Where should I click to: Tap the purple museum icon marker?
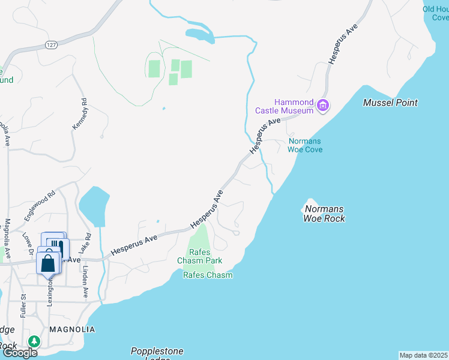[x=323, y=106]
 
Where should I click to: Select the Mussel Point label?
[x=390, y=103]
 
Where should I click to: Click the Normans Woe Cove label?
[x=306, y=145]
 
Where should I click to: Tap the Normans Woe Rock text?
[x=324, y=214]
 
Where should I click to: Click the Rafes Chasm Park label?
[x=199, y=256]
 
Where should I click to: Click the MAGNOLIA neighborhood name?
[x=72, y=329]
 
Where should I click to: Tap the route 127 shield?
[x=50, y=44]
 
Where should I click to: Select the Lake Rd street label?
[x=88, y=242]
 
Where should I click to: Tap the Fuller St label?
[x=23, y=305]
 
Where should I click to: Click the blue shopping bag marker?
[x=48, y=262]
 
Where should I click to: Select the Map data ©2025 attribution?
[x=424, y=355]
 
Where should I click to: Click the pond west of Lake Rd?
[x=94, y=206]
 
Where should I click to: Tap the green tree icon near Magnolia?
[x=35, y=341]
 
